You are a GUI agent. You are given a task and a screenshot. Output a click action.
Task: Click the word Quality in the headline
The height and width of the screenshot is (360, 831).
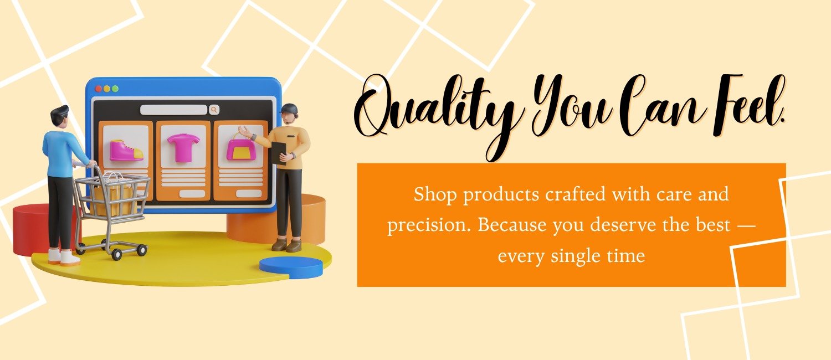(x=434, y=111)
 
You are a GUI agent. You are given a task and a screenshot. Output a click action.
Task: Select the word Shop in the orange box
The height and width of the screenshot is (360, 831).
(x=435, y=195)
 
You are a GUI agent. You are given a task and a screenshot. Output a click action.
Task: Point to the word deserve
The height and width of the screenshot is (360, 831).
(x=623, y=225)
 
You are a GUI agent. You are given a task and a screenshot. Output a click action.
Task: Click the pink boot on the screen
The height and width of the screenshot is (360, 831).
(x=126, y=150)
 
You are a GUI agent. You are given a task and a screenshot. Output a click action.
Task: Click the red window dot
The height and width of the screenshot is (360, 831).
(x=98, y=89)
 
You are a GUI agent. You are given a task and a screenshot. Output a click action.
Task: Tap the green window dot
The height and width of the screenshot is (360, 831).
(x=115, y=89)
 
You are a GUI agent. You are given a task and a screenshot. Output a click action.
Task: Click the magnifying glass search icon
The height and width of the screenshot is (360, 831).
(x=214, y=110)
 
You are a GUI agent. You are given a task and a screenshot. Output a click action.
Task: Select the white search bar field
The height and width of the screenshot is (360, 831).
(x=173, y=110)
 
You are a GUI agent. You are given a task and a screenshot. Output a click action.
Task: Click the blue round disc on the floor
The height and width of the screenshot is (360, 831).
(x=291, y=268)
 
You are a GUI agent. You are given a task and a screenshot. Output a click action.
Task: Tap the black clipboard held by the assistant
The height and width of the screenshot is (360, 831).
(x=278, y=152)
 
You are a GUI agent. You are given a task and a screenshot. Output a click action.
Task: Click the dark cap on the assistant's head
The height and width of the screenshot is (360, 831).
(x=289, y=108)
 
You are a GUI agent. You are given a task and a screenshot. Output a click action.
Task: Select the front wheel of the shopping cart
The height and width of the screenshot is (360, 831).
(x=116, y=254)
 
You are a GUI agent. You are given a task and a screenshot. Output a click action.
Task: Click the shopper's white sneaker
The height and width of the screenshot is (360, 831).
(x=70, y=258)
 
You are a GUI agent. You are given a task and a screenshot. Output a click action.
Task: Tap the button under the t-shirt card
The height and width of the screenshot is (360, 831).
(x=192, y=194)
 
